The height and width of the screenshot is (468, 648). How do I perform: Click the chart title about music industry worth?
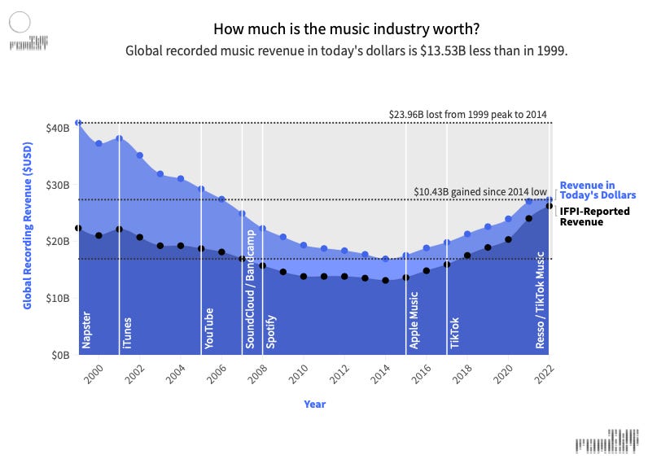click(x=346, y=29)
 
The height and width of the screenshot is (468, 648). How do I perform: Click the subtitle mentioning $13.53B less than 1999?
click(x=346, y=50)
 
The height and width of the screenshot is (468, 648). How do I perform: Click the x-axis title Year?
click(x=314, y=404)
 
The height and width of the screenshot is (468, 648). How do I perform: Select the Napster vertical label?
click(x=86, y=330)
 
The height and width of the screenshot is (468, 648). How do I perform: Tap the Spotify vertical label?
click(x=270, y=330)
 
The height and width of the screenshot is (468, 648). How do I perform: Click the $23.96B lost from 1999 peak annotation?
click(x=468, y=114)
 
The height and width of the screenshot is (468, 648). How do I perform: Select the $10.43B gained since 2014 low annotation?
click(x=480, y=191)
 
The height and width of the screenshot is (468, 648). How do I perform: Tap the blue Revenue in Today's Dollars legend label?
click(x=597, y=190)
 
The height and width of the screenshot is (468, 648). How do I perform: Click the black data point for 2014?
click(x=385, y=280)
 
